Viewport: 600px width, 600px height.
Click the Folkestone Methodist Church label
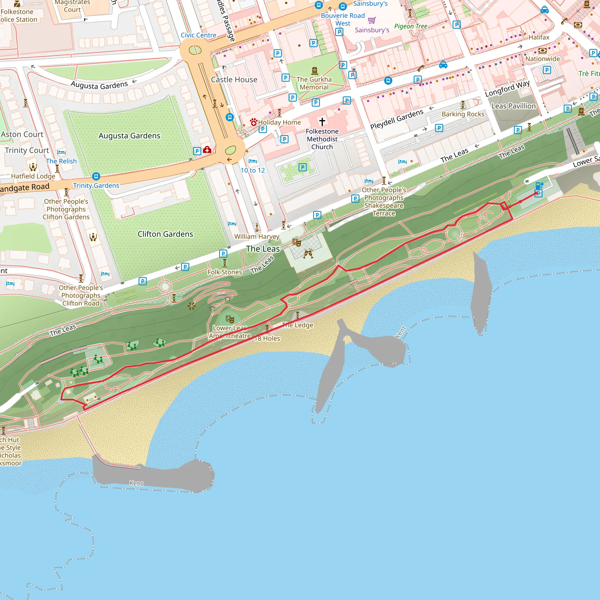click(x=322, y=139)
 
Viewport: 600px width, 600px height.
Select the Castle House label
click(x=234, y=80)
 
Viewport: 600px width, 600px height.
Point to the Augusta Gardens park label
click(x=129, y=136)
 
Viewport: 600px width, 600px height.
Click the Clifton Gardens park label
click(x=165, y=234)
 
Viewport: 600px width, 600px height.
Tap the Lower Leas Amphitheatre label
click(x=230, y=332)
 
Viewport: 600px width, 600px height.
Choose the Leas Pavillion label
click(x=513, y=106)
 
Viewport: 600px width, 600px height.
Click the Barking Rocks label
click(x=463, y=114)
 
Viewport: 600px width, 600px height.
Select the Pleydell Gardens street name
click(x=397, y=119)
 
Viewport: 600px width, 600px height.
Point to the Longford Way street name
click(x=507, y=88)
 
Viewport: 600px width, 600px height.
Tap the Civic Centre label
click(x=198, y=35)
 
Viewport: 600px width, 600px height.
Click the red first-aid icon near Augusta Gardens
click(x=207, y=150)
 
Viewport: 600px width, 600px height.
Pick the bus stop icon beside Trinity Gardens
click(x=96, y=176)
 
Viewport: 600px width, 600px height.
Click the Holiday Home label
click(x=279, y=123)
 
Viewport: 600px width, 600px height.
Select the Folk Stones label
click(x=224, y=272)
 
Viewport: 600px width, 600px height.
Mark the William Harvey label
click(x=257, y=237)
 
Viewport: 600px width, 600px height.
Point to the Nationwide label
click(x=543, y=59)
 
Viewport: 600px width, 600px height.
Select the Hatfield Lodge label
click(x=33, y=176)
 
